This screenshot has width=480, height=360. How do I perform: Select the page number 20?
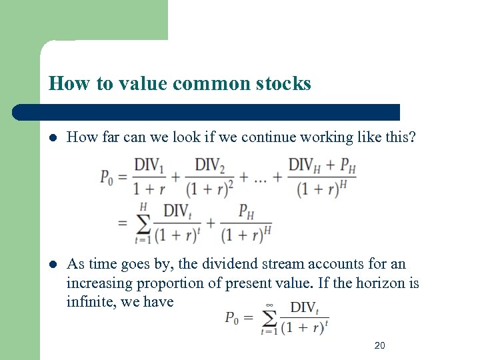380,345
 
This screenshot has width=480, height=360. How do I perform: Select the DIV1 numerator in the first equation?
149,164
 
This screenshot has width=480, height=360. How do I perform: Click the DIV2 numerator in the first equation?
210,164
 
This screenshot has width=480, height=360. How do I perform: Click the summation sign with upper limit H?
142,220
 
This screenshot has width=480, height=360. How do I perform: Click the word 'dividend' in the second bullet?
219,265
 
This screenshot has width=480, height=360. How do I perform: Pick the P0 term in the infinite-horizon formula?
231,317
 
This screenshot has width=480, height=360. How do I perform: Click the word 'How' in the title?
65,83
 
